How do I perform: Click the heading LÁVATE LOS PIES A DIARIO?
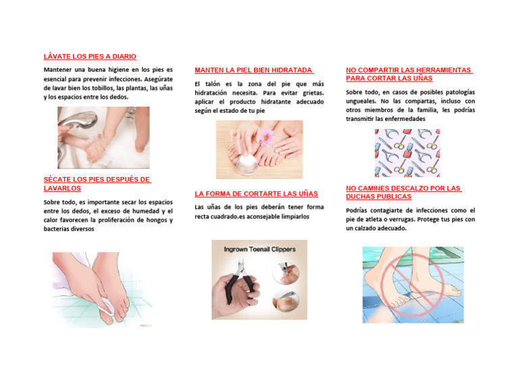(x=90, y=56)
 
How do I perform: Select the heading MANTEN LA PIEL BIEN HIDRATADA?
(x=253, y=70)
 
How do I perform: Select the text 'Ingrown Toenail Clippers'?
(x=259, y=249)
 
